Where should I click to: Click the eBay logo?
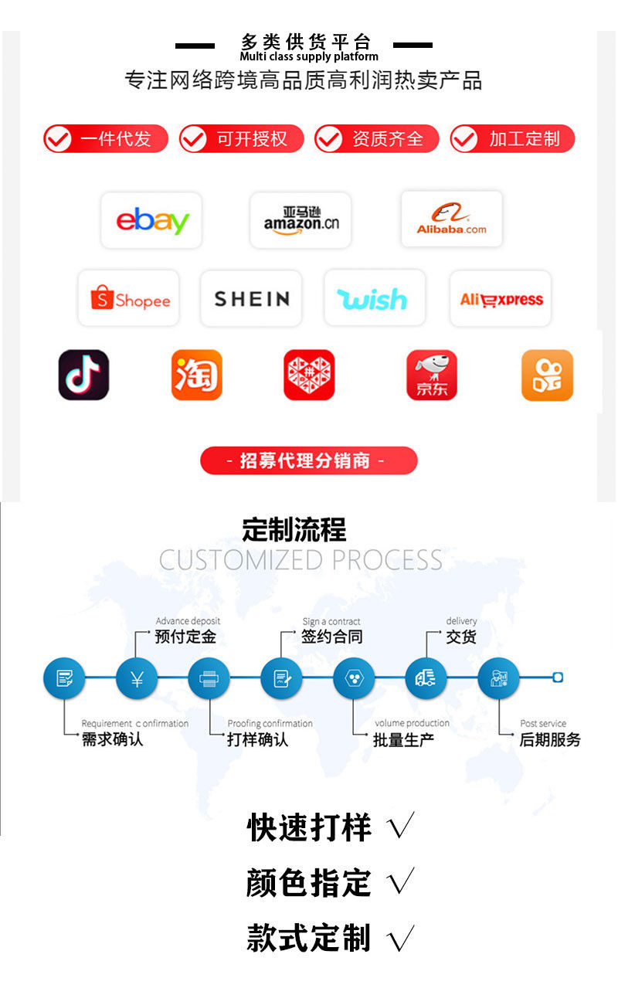click(151, 221)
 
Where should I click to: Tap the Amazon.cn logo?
click(301, 221)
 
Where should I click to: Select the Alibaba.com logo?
click(452, 220)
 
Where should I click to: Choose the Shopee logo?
click(129, 298)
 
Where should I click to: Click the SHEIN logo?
click(251, 298)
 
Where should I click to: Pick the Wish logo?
click(374, 298)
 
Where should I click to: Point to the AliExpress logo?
click(501, 299)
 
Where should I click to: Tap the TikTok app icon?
click(83, 375)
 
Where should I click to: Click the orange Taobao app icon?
click(197, 375)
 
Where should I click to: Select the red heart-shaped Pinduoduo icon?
click(309, 375)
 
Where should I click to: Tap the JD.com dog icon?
click(432, 375)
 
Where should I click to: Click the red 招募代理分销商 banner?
click(308, 460)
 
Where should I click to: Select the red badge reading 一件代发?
click(106, 139)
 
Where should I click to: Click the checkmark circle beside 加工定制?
click(464, 139)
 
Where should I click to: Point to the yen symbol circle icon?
click(137, 679)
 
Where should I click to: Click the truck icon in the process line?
click(426, 679)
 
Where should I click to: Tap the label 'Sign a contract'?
click(331, 621)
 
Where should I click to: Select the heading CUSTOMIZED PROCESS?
click(301, 559)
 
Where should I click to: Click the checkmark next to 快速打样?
click(400, 827)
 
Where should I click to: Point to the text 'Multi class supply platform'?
click(309, 56)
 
